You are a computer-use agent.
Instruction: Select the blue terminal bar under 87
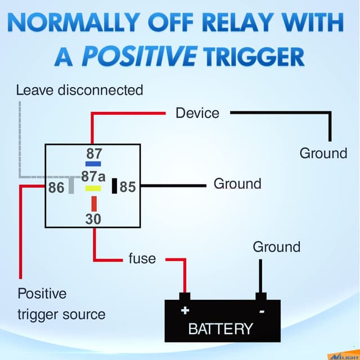(x=93, y=164)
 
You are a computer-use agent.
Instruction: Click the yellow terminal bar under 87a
(x=93, y=188)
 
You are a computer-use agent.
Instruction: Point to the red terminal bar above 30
(x=94, y=203)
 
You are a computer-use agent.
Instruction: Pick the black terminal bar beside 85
(x=114, y=186)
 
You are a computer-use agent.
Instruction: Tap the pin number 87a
(x=93, y=176)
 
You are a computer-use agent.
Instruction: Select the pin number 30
(x=93, y=219)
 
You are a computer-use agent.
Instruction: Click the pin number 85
(x=128, y=187)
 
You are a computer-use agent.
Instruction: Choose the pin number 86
(x=56, y=187)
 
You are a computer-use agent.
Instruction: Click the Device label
(x=197, y=113)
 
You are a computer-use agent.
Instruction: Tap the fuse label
(x=142, y=259)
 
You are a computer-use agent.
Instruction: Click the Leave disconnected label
(x=79, y=89)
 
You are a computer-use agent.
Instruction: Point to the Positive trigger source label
(x=61, y=304)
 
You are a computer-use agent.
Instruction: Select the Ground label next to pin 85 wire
(x=237, y=184)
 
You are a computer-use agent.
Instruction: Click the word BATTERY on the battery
(x=220, y=328)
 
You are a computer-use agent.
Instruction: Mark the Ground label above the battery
(x=276, y=247)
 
